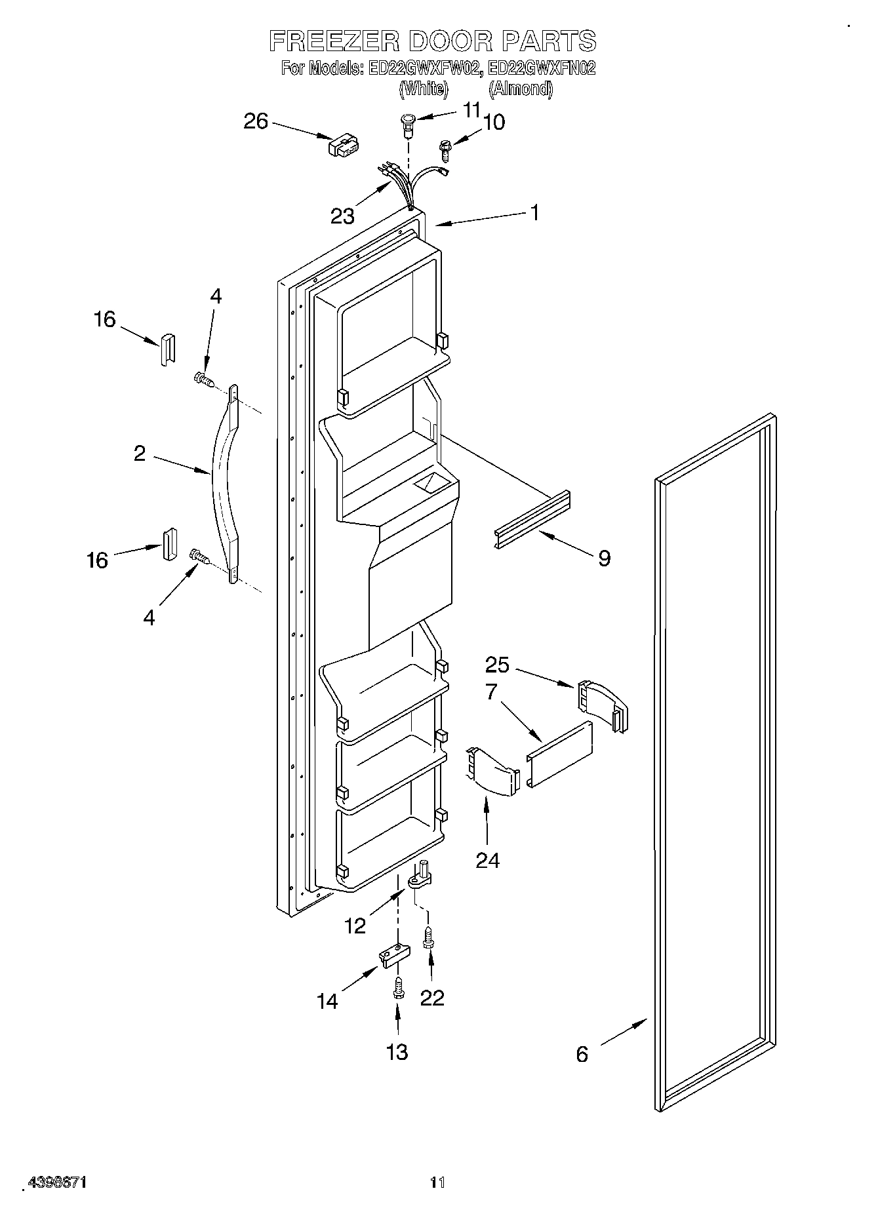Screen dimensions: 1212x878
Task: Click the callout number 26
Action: click(256, 121)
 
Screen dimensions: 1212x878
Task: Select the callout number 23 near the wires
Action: click(342, 216)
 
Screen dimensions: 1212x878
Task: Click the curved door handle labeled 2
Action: click(223, 485)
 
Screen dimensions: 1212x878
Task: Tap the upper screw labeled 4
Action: click(203, 379)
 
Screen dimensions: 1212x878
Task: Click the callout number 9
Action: click(604, 558)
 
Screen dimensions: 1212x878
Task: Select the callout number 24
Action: click(487, 859)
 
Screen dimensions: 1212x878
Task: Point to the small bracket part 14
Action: click(392, 955)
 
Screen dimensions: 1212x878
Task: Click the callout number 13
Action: click(397, 1051)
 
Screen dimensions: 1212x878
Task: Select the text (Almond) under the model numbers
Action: click(521, 89)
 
